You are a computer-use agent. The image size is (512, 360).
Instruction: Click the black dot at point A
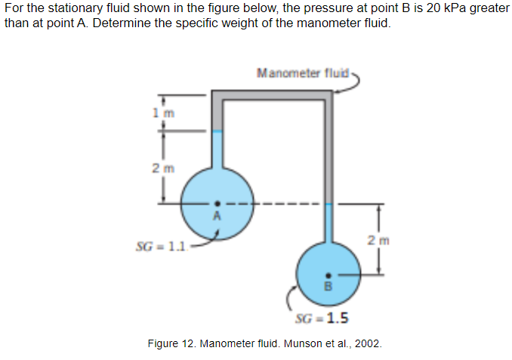pos(217,202)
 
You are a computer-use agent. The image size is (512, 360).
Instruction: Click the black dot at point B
pos(328,276)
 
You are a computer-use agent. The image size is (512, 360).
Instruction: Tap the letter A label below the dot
pos(217,214)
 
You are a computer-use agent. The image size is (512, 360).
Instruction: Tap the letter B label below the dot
pos(328,288)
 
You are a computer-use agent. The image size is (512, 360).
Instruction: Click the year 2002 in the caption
pos(369,344)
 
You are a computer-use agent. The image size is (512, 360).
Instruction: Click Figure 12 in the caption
pos(173,344)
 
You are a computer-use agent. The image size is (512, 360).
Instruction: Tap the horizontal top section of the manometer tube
pos(272,95)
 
